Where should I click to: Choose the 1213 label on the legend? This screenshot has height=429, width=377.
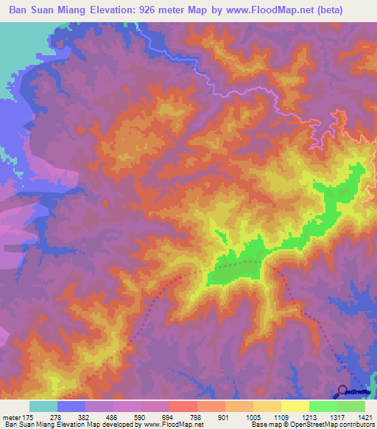pyautogui.click(x=309, y=416)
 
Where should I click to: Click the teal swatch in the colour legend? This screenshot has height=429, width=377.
pyautogui.click(x=43, y=406)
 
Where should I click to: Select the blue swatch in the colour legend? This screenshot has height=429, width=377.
pyautogui.click(x=71, y=406)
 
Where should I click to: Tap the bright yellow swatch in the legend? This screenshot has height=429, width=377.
pyautogui.click(x=295, y=406)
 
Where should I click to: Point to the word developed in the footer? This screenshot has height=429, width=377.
pyautogui.click(x=121, y=425)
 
